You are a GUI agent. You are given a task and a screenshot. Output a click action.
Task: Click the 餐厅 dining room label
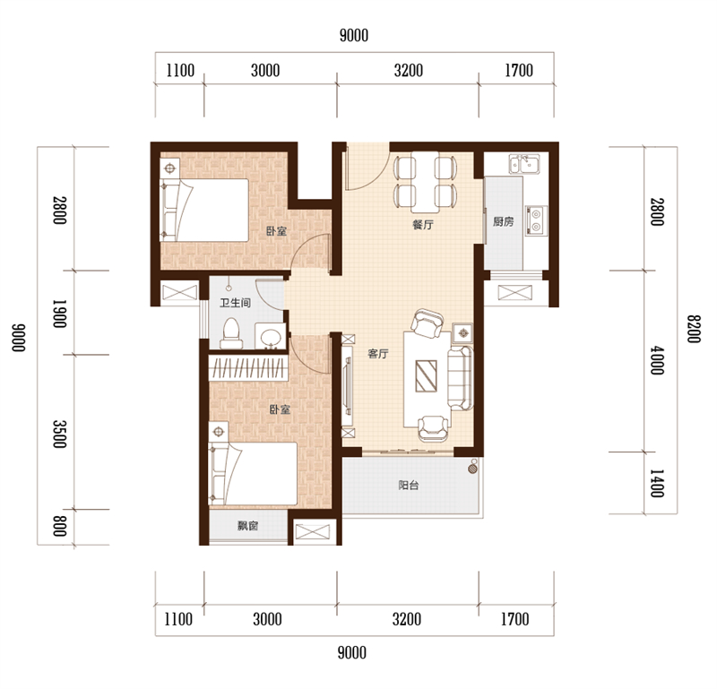tap(422, 225)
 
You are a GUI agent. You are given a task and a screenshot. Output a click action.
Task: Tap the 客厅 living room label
tap(378, 353)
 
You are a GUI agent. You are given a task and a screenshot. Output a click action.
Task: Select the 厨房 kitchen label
tap(503, 221)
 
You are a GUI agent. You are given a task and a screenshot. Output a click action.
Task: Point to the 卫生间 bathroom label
tap(235, 303)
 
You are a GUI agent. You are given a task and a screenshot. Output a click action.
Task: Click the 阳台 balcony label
tap(409, 485)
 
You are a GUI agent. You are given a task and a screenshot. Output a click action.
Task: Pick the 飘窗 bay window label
tap(248, 526)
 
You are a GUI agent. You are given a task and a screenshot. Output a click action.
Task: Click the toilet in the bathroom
tap(231, 334)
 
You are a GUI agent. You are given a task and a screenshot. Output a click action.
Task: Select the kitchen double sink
tap(524, 164)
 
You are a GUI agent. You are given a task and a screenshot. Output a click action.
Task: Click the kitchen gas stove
tap(536, 220)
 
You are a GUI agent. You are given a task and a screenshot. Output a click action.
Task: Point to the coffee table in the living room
tap(426, 375)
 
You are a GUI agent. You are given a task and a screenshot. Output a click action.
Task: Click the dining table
tap(425, 182)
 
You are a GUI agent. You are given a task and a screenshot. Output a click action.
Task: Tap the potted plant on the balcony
tap(473, 468)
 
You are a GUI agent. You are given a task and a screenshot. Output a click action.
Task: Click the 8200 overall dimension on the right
tap(694, 329)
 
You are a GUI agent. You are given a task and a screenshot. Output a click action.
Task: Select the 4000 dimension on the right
tap(657, 361)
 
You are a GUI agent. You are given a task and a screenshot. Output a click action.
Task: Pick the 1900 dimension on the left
tap(59, 314)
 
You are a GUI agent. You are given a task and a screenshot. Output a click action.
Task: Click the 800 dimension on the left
tap(59, 526)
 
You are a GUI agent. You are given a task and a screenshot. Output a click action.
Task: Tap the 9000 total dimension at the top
tap(354, 35)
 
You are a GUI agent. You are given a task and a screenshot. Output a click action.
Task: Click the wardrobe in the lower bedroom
tap(248, 368)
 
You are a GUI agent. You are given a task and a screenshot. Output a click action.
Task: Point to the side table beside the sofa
tap(462, 333)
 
